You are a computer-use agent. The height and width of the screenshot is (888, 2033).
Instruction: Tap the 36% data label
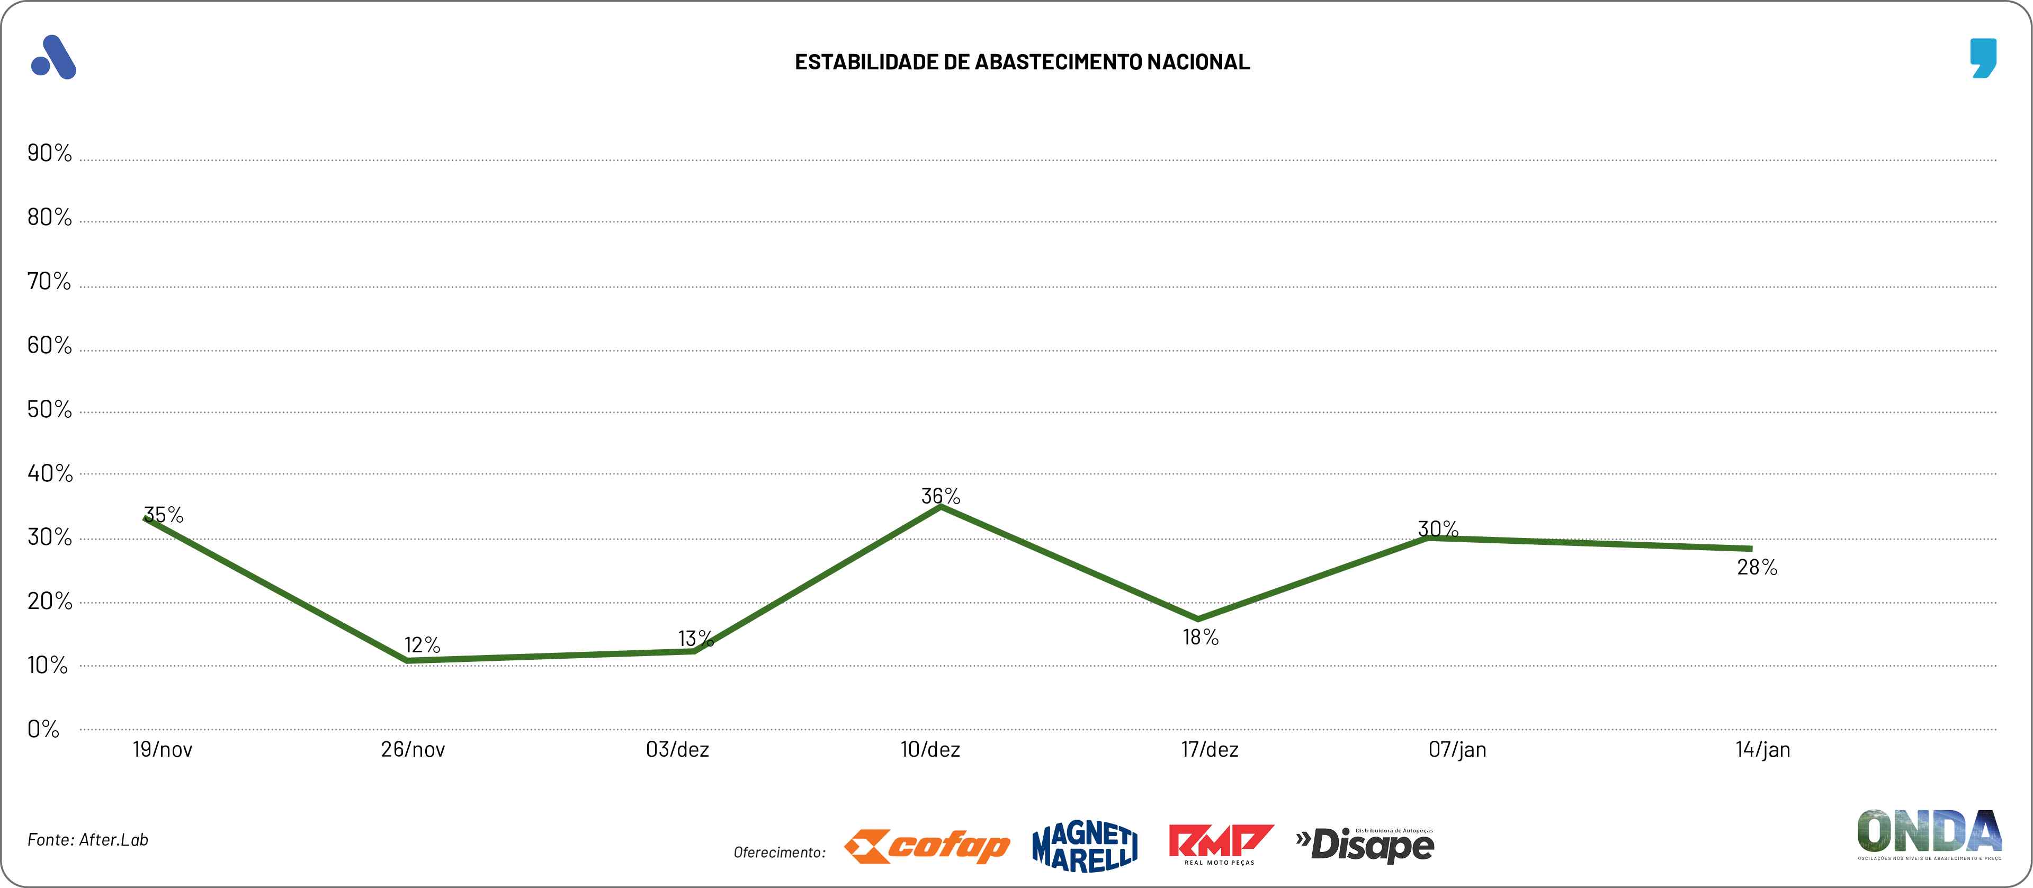pyautogui.click(x=941, y=496)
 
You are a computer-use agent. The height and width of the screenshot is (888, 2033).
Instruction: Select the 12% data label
pyautogui.click(x=422, y=645)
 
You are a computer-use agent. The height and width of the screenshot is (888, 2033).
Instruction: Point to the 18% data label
pyautogui.click(x=1201, y=637)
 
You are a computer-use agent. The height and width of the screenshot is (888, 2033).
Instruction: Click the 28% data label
pyautogui.click(x=1757, y=567)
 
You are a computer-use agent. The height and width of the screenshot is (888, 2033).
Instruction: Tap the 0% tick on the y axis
pyautogui.click(x=43, y=729)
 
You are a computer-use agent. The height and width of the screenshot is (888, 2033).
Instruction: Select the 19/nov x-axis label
pyautogui.click(x=163, y=749)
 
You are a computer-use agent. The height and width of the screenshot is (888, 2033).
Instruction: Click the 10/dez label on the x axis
pyautogui.click(x=930, y=749)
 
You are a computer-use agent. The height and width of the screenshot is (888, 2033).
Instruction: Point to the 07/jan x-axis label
pyautogui.click(x=1457, y=749)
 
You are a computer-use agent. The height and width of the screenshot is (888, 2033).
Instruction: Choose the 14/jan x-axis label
pyautogui.click(x=1762, y=749)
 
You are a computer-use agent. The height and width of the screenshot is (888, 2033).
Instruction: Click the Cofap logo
pyautogui.click(x=927, y=847)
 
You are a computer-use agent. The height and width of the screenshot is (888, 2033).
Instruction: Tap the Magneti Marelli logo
pyautogui.click(x=1085, y=847)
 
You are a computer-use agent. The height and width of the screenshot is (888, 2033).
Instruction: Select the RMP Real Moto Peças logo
pyautogui.click(x=1220, y=845)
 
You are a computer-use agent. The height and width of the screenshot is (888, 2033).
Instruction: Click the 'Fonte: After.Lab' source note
pyautogui.click(x=87, y=840)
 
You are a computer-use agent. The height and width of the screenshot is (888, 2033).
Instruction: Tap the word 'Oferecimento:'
pyautogui.click(x=780, y=853)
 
